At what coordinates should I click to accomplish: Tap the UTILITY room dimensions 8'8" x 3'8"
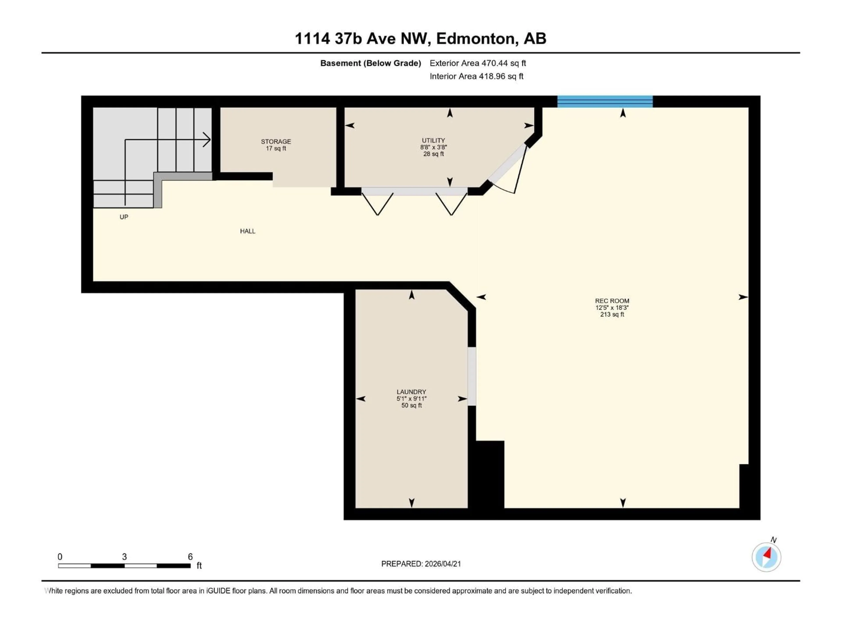tap(433, 147)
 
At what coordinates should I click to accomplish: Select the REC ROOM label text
tap(612, 301)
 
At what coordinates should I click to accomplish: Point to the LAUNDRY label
tap(411, 392)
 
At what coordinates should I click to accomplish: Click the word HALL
tap(247, 231)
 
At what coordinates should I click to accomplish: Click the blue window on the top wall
tap(605, 101)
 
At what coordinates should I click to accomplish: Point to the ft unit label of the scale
tap(199, 566)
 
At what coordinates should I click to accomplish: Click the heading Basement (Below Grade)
tap(370, 63)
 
